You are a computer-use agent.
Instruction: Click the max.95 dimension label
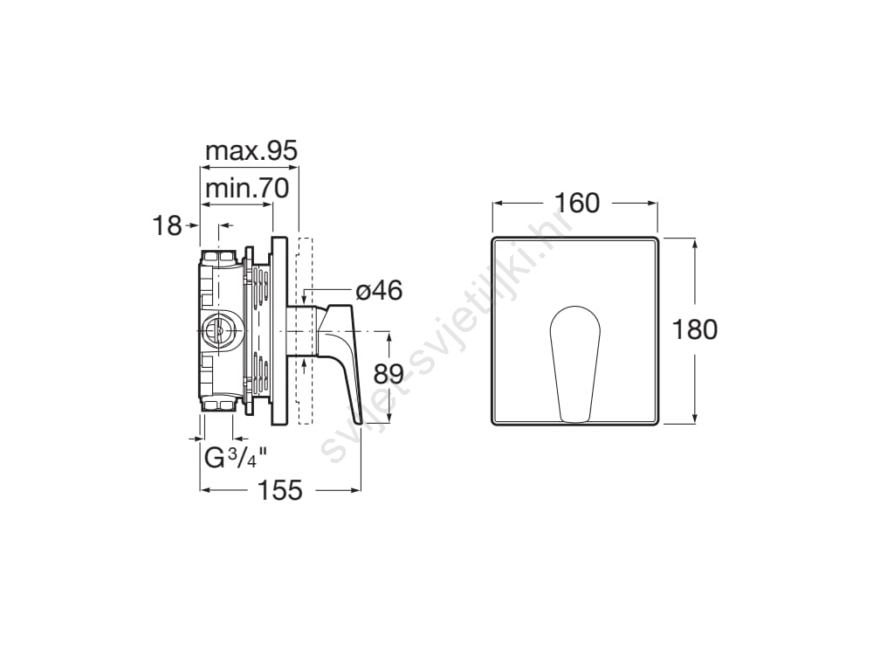pyautogui.click(x=251, y=151)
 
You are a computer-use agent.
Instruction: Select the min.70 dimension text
pyautogui.click(x=247, y=188)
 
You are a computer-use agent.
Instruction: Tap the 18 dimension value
pyautogui.click(x=167, y=226)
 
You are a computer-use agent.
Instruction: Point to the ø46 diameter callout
pyautogui.click(x=379, y=291)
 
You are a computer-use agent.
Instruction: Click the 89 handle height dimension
pyautogui.click(x=389, y=374)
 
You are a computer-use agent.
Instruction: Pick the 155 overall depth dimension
pyautogui.click(x=280, y=490)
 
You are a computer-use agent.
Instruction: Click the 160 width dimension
pyautogui.click(x=576, y=203)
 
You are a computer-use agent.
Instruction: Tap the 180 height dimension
pyautogui.click(x=694, y=329)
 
